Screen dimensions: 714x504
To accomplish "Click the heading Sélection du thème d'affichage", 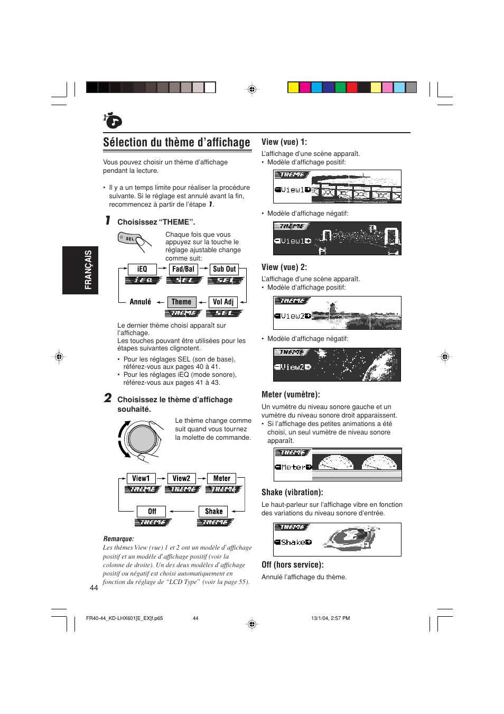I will click(x=176, y=143).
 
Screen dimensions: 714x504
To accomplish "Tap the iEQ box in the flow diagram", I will click(x=142, y=269).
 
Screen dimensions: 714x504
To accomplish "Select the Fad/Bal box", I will click(x=183, y=269).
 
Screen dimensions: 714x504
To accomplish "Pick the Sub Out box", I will click(x=225, y=269).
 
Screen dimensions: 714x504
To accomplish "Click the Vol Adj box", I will click(x=223, y=302).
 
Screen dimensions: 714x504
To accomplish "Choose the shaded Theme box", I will click(x=181, y=302).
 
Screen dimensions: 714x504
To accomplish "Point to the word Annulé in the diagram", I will click(x=141, y=302).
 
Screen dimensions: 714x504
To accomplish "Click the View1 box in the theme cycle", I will click(x=141, y=478).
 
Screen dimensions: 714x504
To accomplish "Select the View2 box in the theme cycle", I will click(x=181, y=478).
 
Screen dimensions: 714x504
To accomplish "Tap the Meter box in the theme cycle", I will click(x=222, y=478).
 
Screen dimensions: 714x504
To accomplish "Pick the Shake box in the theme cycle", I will click(x=213, y=511).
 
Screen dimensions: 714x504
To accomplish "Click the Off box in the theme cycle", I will click(x=152, y=511).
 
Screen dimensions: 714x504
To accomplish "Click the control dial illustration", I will click(x=142, y=439).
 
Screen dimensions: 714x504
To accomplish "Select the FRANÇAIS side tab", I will click(x=80, y=270).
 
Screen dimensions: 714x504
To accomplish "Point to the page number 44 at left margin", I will click(x=94, y=588).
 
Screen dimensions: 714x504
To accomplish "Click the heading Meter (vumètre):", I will click(x=291, y=394).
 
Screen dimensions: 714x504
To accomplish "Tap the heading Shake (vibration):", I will click(x=292, y=492).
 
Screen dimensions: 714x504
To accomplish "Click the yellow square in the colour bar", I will click(x=293, y=87).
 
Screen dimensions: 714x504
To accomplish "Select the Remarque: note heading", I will click(x=118, y=539).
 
